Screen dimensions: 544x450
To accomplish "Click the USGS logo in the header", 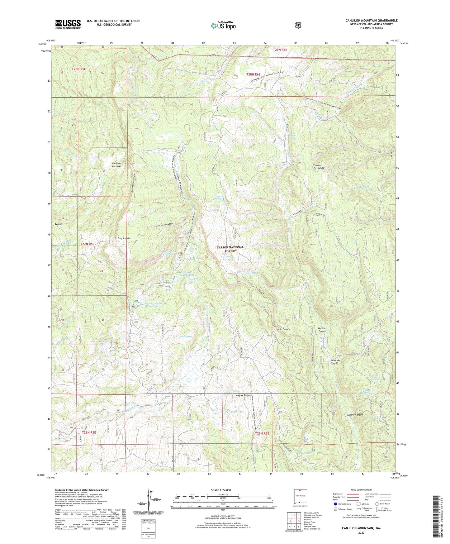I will coord(68,24).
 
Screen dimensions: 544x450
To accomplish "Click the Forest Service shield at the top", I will coord(298,25).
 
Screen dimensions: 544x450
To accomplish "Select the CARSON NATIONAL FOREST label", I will coord(230,249).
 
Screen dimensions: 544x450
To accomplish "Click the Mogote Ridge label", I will coord(243,395).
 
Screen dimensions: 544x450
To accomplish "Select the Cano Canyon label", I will coord(283,329).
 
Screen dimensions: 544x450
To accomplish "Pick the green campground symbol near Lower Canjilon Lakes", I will coord(136,301).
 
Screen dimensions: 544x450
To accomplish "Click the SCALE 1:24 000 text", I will coord(220,490).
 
